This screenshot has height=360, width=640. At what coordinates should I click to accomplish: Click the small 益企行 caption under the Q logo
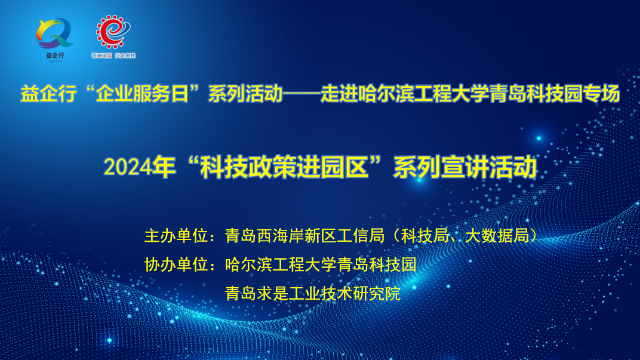[54, 56]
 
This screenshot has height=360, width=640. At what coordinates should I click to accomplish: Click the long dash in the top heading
[301, 94]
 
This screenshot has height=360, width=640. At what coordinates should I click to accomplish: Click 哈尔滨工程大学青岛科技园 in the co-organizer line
[321, 264]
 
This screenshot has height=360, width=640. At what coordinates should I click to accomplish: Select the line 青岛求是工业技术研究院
[312, 293]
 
